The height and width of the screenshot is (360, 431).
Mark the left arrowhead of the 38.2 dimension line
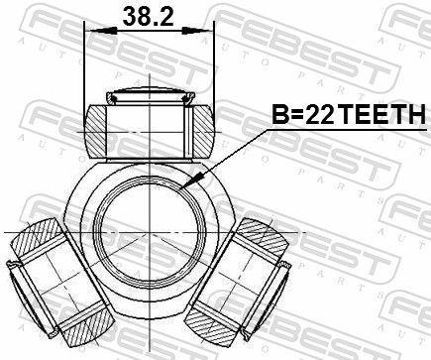click(x=92, y=32)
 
